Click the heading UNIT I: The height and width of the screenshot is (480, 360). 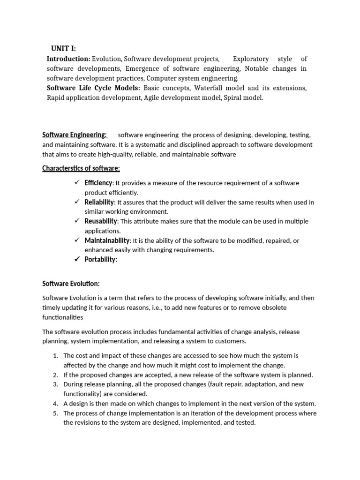[63, 49]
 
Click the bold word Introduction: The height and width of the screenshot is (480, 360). [68, 59]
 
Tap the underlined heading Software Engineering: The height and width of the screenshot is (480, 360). [75, 135]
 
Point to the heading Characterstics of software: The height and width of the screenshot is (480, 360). [81, 168]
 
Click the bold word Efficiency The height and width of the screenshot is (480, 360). [98, 183]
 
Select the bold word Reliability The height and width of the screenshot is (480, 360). [99, 202]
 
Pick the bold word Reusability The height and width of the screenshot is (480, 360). [101, 221]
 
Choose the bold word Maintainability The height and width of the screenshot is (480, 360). [107, 240]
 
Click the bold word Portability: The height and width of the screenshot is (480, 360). [101, 260]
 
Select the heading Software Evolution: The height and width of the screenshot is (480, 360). [71, 284]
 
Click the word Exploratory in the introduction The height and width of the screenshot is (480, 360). [251, 59]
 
